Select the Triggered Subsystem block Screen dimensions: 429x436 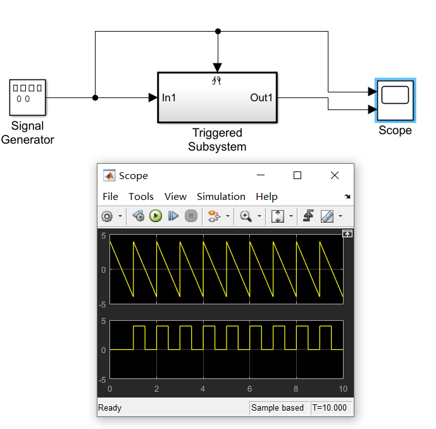click(x=217, y=97)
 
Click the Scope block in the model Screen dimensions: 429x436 click(x=395, y=99)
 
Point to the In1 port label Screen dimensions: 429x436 click(x=169, y=97)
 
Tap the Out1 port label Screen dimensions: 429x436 click(x=261, y=97)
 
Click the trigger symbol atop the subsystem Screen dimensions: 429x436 click(x=217, y=80)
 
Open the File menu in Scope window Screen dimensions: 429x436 click(x=110, y=196)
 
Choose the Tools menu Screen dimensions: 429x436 click(x=141, y=196)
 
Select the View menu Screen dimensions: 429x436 click(x=175, y=196)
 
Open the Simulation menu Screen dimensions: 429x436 click(x=221, y=196)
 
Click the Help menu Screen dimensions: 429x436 click(x=266, y=196)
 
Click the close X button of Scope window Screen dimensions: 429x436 click(x=335, y=176)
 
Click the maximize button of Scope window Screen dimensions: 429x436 click(x=297, y=176)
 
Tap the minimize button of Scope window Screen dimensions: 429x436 click(x=260, y=176)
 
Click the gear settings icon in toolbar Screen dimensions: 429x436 click(x=106, y=216)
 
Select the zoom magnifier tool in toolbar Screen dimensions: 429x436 click(x=246, y=216)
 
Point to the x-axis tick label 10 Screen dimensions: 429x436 click(x=343, y=389)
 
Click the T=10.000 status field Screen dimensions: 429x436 click(x=331, y=408)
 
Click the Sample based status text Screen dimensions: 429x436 click(x=277, y=408)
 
